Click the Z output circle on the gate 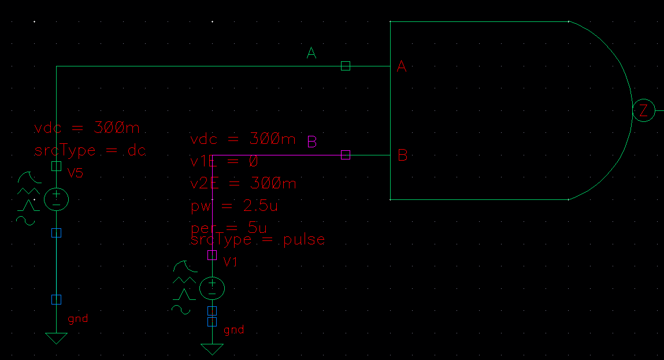pyautogui.click(x=643, y=111)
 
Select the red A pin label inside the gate pyautogui.click(x=402, y=67)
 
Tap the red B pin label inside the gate pyautogui.click(x=402, y=155)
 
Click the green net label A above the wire pyautogui.click(x=311, y=54)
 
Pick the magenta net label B pyautogui.click(x=312, y=142)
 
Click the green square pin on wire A pyautogui.click(x=346, y=66)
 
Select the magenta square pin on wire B pyautogui.click(x=346, y=155)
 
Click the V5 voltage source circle pyautogui.click(x=57, y=199)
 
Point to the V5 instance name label pyautogui.click(x=76, y=172)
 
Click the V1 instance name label pyautogui.click(x=231, y=262)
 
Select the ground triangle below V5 pyautogui.click(x=56, y=338)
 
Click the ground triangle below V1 pyautogui.click(x=212, y=349)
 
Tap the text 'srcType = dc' pyautogui.click(x=90, y=151)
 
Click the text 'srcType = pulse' pyautogui.click(x=258, y=239)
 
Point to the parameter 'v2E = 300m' pyautogui.click(x=243, y=184)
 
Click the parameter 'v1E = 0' pyautogui.click(x=224, y=161)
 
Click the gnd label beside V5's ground pyautogui.click(x=78, y=318)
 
